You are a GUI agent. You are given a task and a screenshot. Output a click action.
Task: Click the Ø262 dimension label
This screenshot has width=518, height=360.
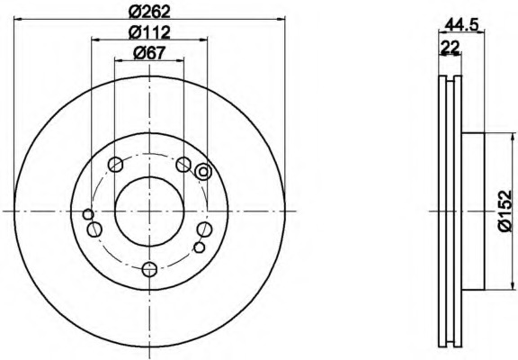tap(149, 12)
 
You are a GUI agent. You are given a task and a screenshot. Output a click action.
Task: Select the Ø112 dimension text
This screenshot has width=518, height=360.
tap(149, 32)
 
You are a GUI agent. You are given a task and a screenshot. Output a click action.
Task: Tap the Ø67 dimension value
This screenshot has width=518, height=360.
tap(149, 53)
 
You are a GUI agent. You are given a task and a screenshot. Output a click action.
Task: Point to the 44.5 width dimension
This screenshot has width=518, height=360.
tap(462, 24)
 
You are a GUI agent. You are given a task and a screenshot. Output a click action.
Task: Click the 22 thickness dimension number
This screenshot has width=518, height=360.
tap(450, 47)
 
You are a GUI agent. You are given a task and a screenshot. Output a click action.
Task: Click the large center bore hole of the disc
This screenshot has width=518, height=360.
tap(149, 211)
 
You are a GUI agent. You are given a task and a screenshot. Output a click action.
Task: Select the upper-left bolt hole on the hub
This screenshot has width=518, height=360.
tap(116, 165)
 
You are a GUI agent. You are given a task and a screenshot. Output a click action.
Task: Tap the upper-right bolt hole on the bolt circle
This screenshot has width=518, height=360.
tap(183, 165)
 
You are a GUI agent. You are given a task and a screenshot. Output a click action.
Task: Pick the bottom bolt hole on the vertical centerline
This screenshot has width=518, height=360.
tap(149, 269)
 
